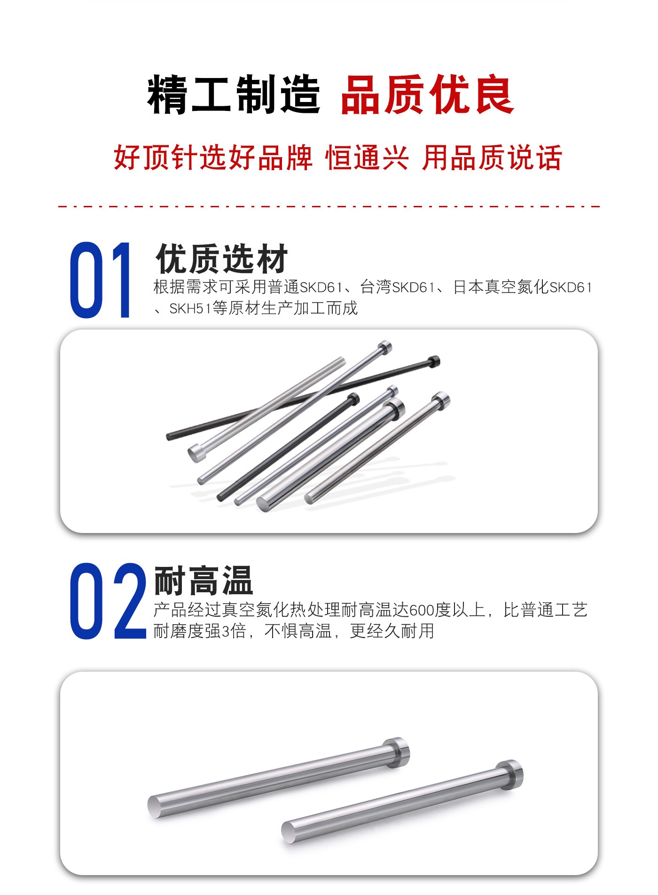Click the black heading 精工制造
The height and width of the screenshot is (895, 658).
[234, 95]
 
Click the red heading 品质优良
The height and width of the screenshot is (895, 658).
[427, 95]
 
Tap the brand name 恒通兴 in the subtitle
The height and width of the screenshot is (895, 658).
[367, 157]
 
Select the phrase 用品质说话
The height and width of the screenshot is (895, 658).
[492, 157]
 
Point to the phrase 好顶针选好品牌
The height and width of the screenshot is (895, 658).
[213, 157]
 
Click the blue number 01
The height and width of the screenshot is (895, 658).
[101, 280]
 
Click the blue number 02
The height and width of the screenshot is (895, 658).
[108, 601]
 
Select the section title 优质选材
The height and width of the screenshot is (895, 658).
[221, 258]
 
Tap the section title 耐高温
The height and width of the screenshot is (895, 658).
[204, 581]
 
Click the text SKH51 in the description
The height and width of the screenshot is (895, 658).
[191, 308]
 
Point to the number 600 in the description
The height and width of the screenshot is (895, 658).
[422, 610]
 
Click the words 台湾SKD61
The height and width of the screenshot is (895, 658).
[398, 287]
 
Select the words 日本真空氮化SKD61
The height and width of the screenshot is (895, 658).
[522, 287]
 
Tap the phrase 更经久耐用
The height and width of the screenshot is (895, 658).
[392, 631]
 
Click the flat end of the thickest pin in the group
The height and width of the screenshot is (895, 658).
[263, 504]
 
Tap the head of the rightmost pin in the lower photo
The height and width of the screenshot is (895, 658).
[510, 775]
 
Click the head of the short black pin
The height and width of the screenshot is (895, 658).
[353, 399]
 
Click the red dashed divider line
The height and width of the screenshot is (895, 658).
[329, 206]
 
